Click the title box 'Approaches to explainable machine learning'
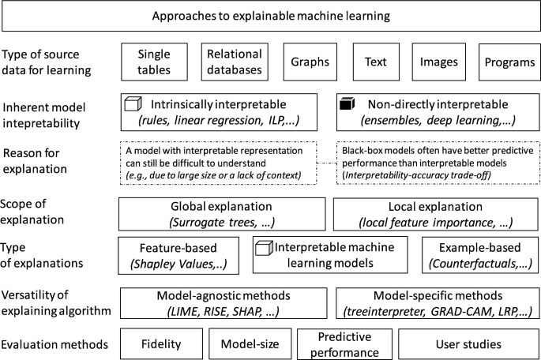270,16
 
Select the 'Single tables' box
154,62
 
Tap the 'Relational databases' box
234,62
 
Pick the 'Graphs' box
310,62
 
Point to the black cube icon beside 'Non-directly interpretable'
344,103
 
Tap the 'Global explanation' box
222,213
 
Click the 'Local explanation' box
433,213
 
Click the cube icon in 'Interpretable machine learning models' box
264,249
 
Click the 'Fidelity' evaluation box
161,344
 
